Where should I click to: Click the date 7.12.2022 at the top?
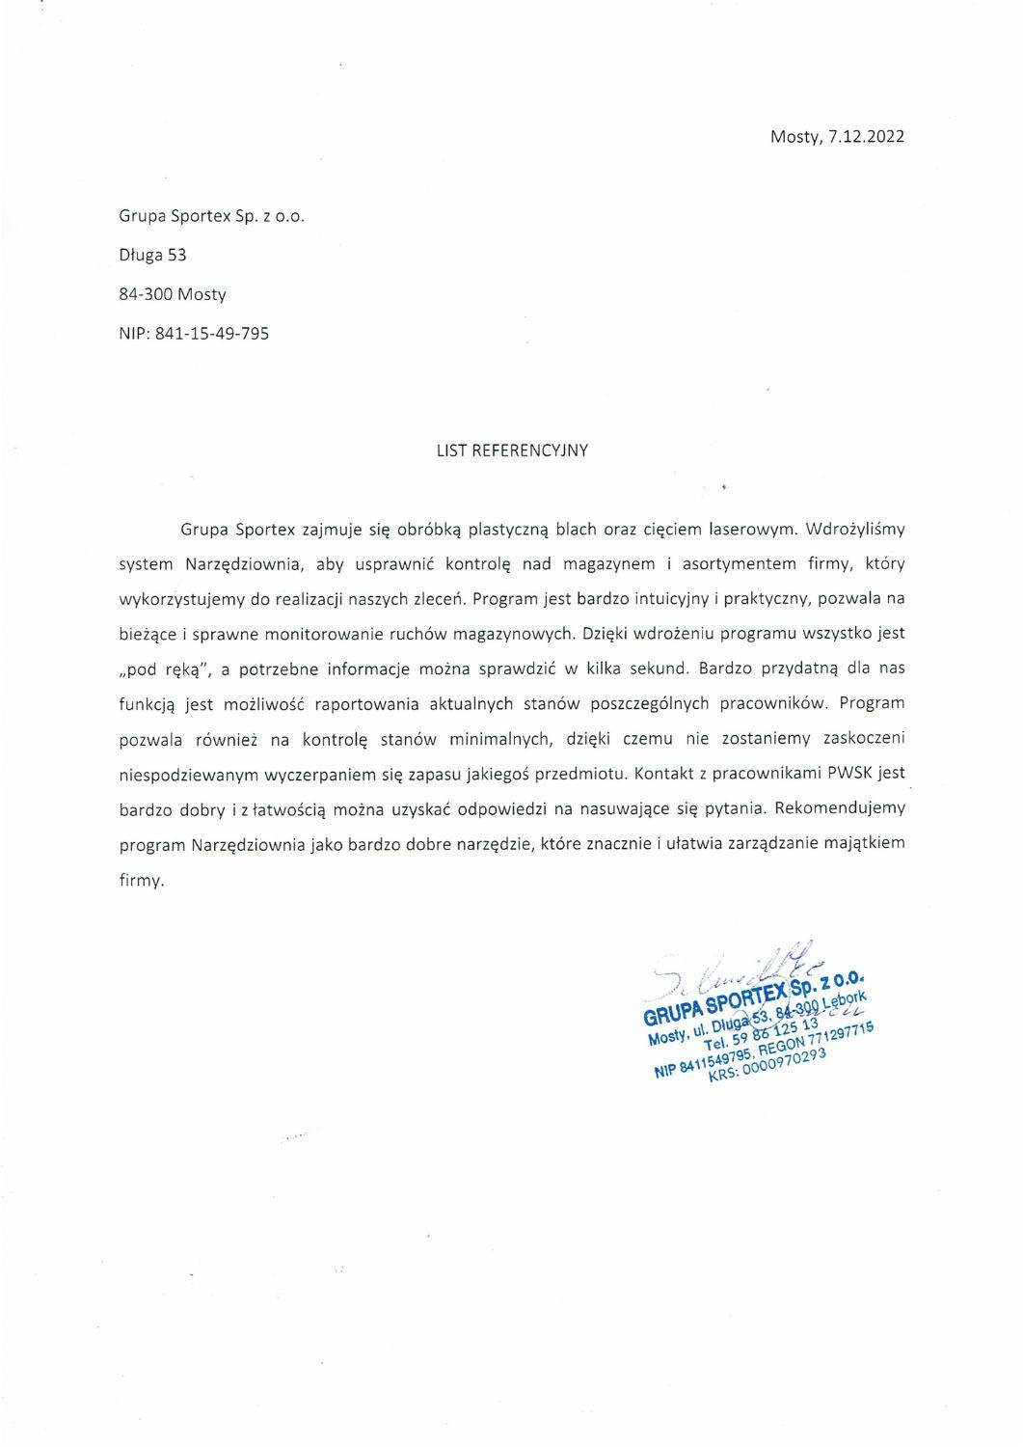click(x=865, y=137)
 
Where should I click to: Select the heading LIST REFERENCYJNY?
click(x=512, y=450)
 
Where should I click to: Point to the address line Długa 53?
click(x=152, y=256)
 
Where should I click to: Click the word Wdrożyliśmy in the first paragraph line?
click(x=856, y=529)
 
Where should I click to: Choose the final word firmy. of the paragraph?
click(x=142, y=880)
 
